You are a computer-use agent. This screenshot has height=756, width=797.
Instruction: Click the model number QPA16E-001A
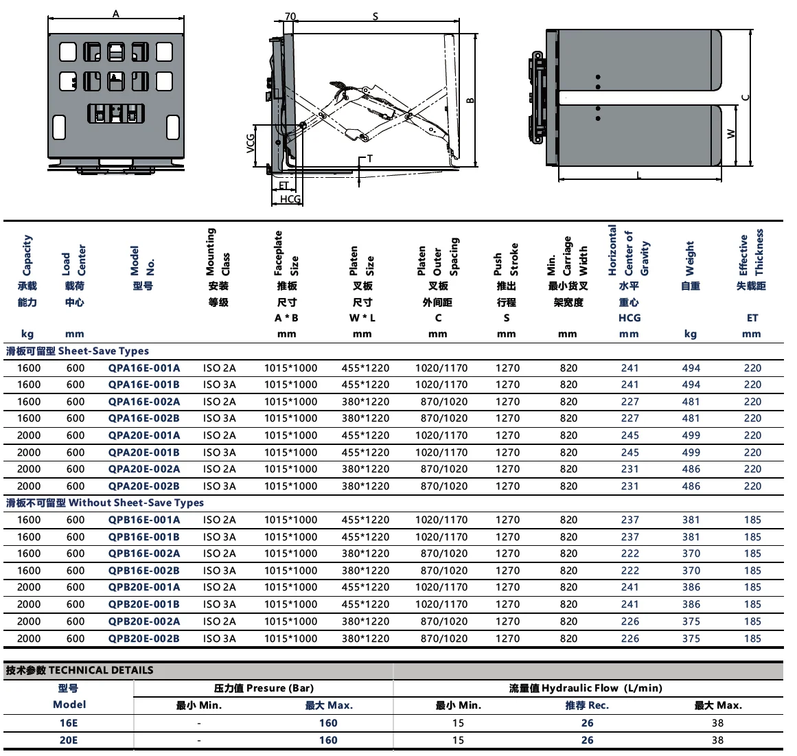point(143,368)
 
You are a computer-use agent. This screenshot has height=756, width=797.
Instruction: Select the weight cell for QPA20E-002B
point(691,486)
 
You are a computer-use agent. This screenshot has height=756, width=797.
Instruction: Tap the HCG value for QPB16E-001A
point(629,520)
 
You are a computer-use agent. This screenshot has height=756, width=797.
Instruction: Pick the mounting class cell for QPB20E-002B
point(219,638)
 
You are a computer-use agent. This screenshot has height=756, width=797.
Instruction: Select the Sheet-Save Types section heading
point(78,351)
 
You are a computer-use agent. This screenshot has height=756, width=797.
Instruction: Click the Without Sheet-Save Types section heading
point(105,503)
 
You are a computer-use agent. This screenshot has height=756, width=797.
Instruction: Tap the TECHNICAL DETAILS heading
point(80,670)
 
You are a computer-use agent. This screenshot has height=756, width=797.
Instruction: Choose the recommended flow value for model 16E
point(587,723)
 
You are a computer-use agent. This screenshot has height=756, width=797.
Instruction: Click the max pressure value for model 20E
point(328,740)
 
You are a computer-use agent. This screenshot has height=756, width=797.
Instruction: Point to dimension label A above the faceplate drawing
point(115,14)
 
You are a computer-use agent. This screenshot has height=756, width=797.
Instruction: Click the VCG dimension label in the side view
point(251,142)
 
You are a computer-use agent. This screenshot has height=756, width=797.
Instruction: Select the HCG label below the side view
point(290,199)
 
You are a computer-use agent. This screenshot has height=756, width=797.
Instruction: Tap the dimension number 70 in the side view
point(290,16)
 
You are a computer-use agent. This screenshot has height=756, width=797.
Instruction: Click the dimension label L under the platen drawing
point(638,175)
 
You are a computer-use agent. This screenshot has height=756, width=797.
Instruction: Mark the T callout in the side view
point(369,159)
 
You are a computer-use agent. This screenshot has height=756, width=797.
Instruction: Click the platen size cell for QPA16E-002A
point(365,402)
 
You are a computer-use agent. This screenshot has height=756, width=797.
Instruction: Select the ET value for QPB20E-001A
point(752,587)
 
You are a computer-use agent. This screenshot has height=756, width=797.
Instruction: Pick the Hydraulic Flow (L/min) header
point(585,688)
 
